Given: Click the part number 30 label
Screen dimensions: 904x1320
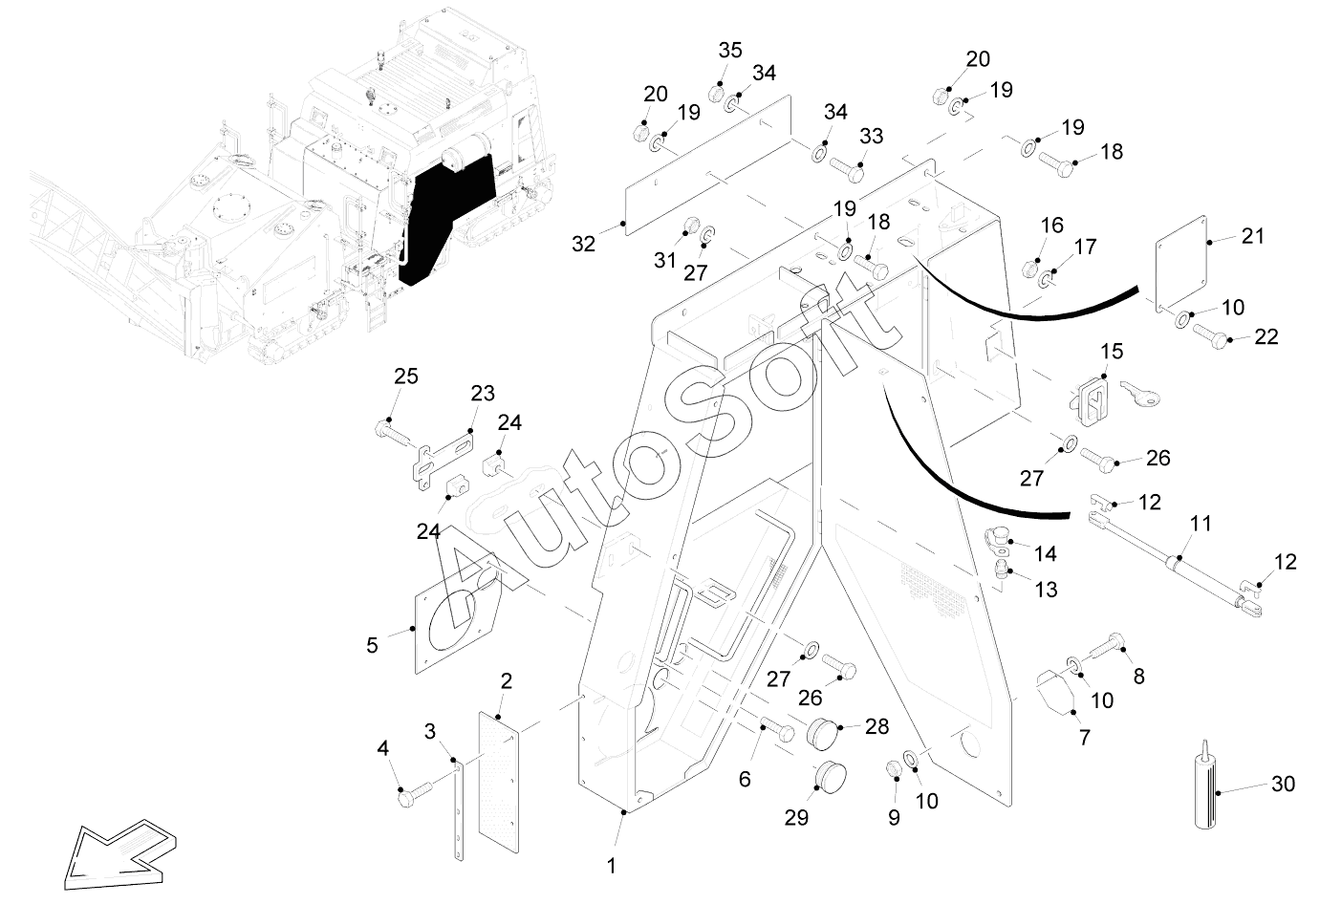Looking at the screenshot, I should pos(1283,784).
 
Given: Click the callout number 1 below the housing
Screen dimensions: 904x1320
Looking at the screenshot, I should pos(613,867).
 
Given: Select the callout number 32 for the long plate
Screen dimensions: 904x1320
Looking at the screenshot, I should pos(583,244).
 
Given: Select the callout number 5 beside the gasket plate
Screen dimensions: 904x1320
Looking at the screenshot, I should pos(372,645).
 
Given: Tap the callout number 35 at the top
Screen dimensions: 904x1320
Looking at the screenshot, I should pos(729,51).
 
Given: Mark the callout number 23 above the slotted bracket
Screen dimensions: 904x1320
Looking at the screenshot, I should pos(483,393).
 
